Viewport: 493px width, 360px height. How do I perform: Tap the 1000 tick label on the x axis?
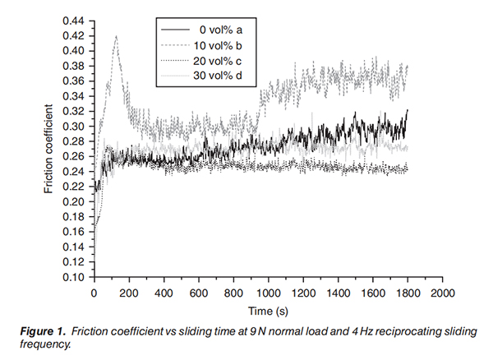tap(268, 292)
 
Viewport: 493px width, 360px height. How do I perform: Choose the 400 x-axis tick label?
tap(164, 292)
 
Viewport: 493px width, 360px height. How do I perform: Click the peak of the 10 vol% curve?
tap(116, 36)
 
